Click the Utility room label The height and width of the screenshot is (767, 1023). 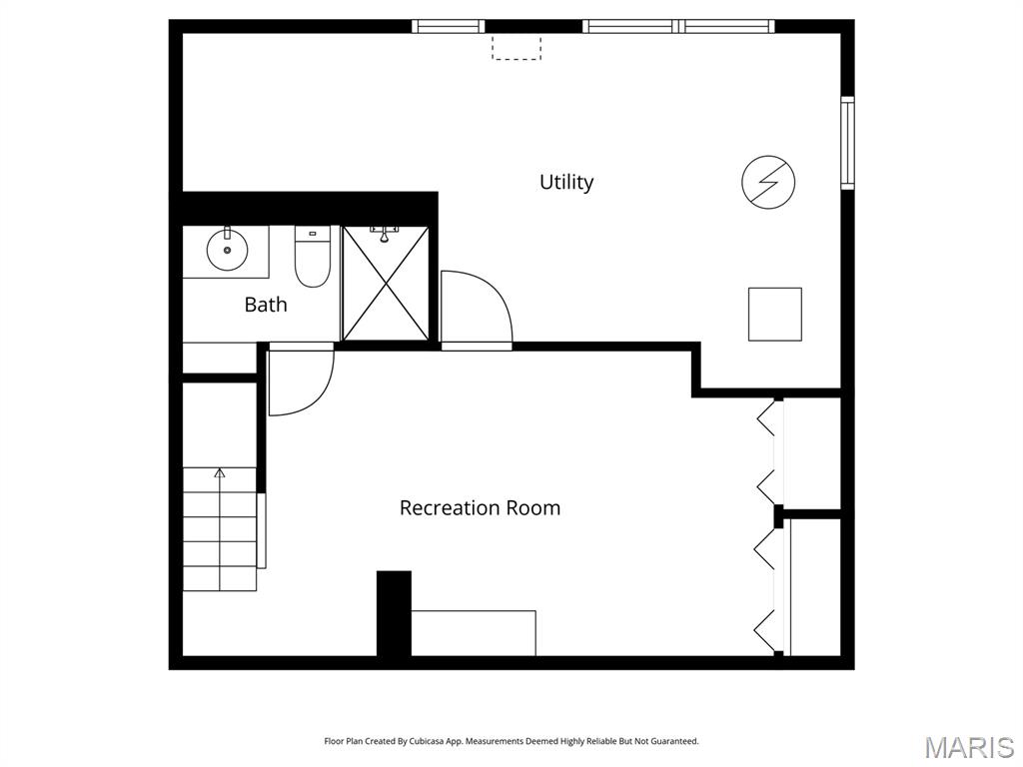pos(566,182)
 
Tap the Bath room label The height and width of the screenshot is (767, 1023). pos(266,305)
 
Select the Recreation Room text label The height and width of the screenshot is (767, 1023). pos(480,507)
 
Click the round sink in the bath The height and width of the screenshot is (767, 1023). pos(227,250)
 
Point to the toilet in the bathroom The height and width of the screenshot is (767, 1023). pos(312,259)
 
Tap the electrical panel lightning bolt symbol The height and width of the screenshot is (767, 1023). pos(768,183)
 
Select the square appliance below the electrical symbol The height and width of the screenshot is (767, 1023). pos(775,314)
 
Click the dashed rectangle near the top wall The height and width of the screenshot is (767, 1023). pos(516,48)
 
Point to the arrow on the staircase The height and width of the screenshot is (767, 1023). pos(220,472)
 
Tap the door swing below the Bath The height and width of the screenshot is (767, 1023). pos(299,382)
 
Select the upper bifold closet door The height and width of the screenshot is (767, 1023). pos(767,451)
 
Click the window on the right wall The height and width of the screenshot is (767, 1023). pos(847,142)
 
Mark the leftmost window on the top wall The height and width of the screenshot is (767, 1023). pos(449,26)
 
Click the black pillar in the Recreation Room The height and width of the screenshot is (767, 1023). pos(394,613)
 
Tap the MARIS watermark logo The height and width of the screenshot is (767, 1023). pos(968,747)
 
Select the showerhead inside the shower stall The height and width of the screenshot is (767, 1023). pos(383,236)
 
